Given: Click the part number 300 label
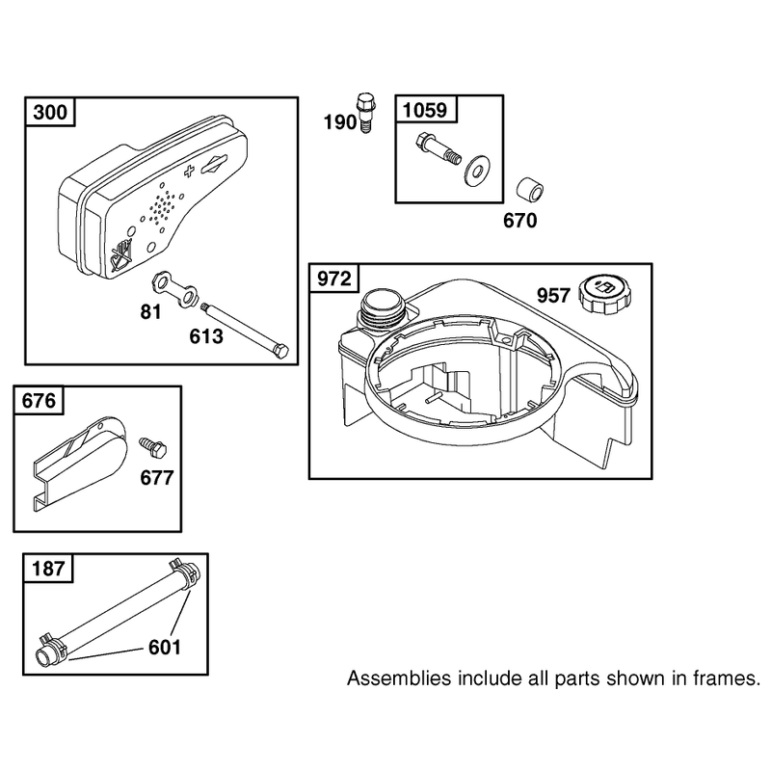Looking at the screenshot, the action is point(50,112).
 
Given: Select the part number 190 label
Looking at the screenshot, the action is point(339,122).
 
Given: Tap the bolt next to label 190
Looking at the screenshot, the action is point(363,113).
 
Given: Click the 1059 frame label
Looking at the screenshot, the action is point(425,110).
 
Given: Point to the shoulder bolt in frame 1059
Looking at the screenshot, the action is point(438,148).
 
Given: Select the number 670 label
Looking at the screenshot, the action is point(520,221).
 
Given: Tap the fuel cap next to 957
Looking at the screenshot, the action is point(605,295).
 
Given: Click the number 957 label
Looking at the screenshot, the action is point(553,296).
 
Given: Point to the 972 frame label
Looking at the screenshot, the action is point(333,279).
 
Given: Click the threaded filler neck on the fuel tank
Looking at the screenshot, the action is point(383,308).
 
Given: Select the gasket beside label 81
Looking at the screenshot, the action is point(173,289).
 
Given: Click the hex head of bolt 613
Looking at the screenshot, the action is point(280,352).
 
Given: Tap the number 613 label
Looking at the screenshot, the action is point(206,336).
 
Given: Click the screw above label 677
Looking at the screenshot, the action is point(153,448).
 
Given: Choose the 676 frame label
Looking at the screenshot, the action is point(39,401).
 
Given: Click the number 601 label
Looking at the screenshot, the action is point(165,648).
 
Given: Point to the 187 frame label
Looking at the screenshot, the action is point(47,569).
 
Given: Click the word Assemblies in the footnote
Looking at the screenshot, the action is point(399,679).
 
